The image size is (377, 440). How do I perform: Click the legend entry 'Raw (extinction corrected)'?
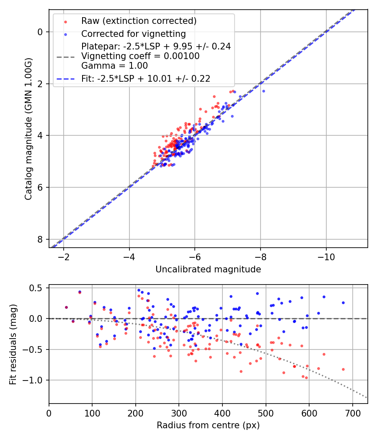[x=139, y=21]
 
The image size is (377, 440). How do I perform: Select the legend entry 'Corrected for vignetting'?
[x=133, y=34]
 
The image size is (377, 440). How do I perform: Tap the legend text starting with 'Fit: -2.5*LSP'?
[x=145, y=78]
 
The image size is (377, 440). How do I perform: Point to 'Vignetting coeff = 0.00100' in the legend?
[x=140, y=56]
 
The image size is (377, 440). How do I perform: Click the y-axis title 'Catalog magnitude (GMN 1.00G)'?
[x=28, y=129]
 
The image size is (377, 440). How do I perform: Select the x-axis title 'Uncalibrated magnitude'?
[x=208, y=269]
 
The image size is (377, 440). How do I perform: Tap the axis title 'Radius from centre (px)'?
[x=208, y=425]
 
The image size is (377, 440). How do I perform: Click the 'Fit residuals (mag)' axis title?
[x=13, y=344]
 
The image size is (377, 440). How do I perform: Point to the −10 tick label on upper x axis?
[x=326, y=257]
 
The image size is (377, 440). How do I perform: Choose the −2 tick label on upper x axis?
[x=64, y=257]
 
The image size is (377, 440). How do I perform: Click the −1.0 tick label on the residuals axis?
[x=35, y=380]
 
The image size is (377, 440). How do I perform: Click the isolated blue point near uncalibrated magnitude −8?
[x=263, y=91]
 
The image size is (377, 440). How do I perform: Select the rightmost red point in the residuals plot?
[x=343, y=369]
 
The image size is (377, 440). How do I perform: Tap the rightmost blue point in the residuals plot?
[x=343, y=303]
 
